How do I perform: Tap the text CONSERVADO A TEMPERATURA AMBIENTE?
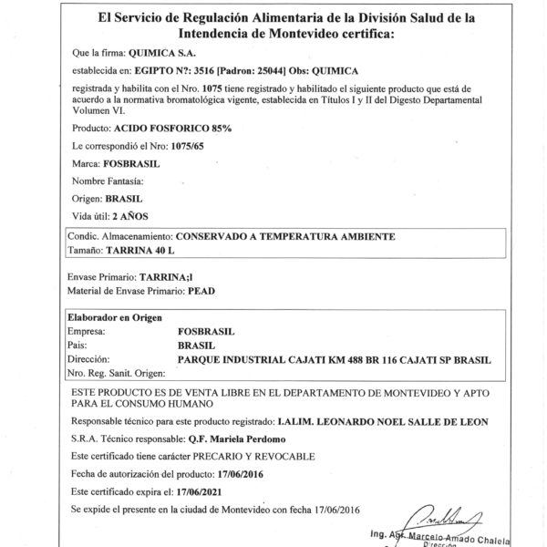[x=284, y=236]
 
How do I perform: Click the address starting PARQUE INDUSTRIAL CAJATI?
[x=334, y=360]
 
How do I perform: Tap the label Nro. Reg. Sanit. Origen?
[x=115, y=375]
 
